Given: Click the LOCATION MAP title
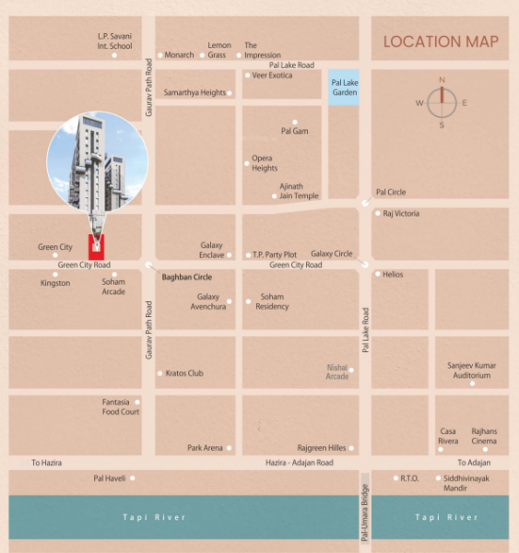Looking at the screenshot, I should point(441,41).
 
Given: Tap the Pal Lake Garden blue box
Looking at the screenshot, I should point(344,87).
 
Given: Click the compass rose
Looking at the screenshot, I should point(442,102).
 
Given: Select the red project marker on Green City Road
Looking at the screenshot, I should point(96,246).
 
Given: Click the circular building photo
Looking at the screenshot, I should point(97,162).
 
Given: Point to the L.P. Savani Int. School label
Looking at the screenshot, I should point(115,41).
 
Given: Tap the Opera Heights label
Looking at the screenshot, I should point(265,163).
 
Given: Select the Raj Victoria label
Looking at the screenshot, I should point(401,213).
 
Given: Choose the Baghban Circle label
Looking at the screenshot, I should point(187,276).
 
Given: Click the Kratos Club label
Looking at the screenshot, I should point(184,373).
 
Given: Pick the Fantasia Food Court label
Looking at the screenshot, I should point(121,406).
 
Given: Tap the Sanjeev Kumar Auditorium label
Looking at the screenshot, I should point(471,370).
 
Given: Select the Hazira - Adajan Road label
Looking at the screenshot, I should point(299,462).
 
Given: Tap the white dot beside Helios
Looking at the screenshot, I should point(377,274).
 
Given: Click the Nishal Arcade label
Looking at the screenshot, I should point(337,371).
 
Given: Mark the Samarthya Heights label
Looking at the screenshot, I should point(195,93).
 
